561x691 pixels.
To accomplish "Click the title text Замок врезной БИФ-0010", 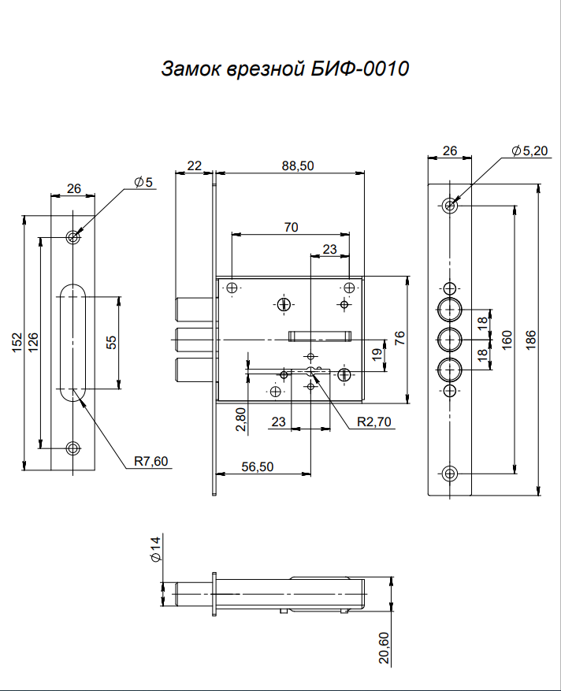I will [x=284, y=69].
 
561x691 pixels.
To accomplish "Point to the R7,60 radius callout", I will [x=150, y=462].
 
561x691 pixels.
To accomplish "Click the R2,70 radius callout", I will [x=374, y=422].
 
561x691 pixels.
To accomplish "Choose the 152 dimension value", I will [x=17, y=343].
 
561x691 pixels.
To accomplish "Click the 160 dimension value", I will [x=507, y=340].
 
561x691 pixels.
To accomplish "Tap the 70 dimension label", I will [x=291, y=227].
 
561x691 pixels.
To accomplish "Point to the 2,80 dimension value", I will [x=241, y=420].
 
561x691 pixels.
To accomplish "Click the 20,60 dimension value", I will [x=385, y=648].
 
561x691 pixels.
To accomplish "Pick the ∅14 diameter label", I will [x=155, y=548].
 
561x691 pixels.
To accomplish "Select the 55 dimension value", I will [x=111, y=342].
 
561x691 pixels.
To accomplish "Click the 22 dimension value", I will [x=194, y=165].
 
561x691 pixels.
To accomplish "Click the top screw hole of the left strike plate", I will [x=72, y=236].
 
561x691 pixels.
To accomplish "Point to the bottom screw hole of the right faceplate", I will [x=449, y=474].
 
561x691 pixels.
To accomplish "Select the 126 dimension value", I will [x=33, y=343].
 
